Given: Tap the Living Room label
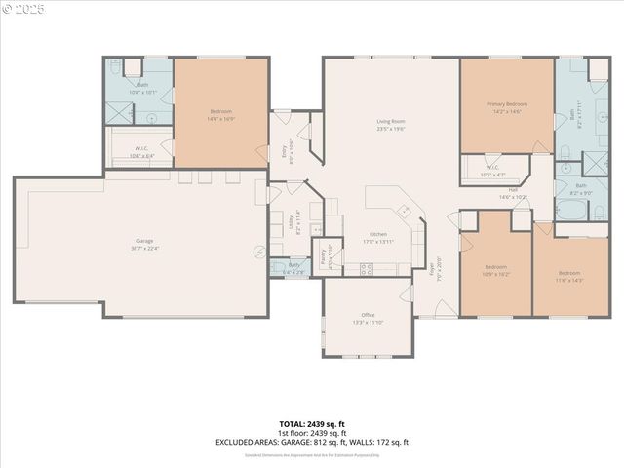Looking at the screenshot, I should (x=391, y=122).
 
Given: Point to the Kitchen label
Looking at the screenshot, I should (x=378, y=233).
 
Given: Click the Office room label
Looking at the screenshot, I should (x=368, y=315).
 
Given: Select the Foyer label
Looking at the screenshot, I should (x=432, y=266).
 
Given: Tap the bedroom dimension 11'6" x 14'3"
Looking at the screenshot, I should (x=571, y=280).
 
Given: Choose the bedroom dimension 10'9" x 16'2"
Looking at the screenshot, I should (x=496, y=274).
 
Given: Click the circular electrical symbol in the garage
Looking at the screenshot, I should (x=258, y=252).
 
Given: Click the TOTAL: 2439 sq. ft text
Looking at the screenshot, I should (x=312, y=423).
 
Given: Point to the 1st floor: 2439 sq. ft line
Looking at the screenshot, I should (x=312, y=432).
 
